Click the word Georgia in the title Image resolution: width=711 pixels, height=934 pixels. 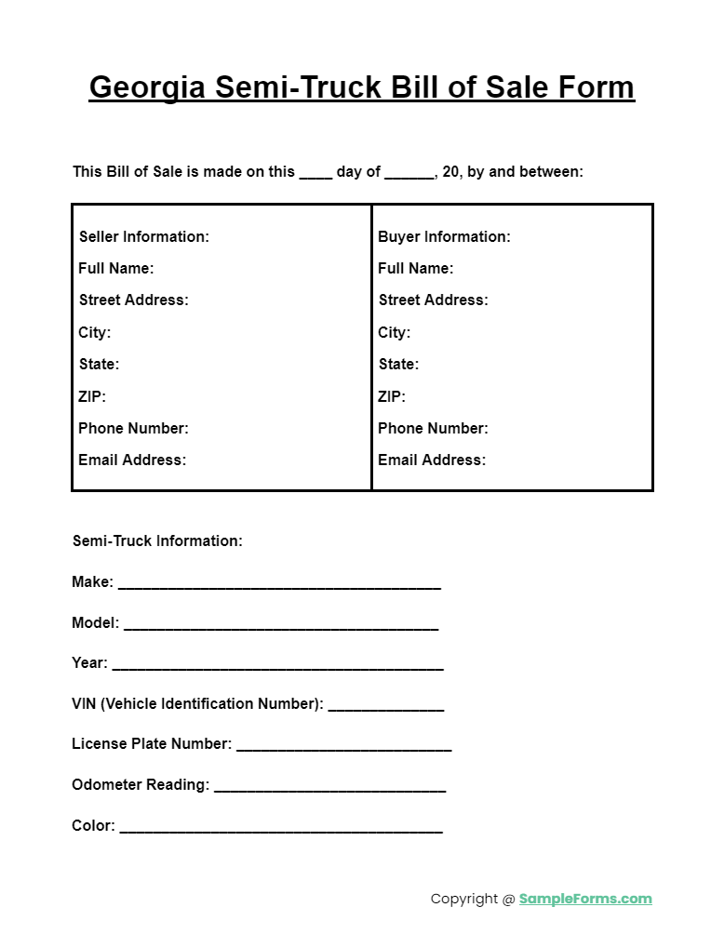(x=148, y=87)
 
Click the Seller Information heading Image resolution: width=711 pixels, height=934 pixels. (x=144, y=236)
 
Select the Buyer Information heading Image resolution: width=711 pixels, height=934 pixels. (x=444, y=236)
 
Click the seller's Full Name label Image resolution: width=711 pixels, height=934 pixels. (x=116, y=268)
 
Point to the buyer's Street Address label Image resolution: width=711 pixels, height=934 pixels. (x=433, y=300)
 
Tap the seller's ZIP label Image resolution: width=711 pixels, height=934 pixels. (x=92, y=396)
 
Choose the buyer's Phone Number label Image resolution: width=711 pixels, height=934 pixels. (x=433, y=428)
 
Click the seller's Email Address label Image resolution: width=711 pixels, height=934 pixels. (x=132, y=460)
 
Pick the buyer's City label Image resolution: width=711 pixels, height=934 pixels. (x=394, y=332)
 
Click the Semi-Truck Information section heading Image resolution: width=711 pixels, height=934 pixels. (x=157, y=540)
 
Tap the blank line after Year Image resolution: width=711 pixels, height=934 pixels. (x=277, y=667)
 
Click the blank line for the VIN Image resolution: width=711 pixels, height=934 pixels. (x=386, y=708)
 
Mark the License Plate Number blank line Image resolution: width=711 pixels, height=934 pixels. (x=344, y=748)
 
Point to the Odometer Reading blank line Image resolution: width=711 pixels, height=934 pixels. (x=330, y=789)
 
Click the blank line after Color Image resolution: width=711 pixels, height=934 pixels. (x=281, y=829)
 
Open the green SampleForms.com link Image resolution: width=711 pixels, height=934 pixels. (x=585, y=899)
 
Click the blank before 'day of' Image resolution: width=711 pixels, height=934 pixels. (x=315, y=174)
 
